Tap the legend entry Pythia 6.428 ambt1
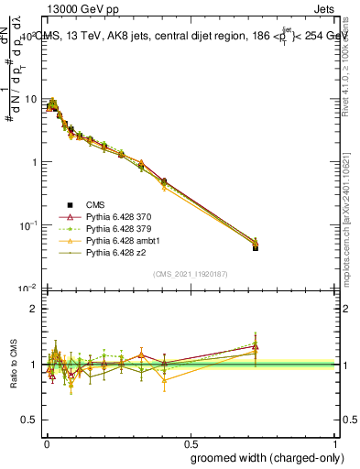pos(121,240)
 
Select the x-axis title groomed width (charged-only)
pos(263,457)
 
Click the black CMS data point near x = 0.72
pos(255,247)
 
